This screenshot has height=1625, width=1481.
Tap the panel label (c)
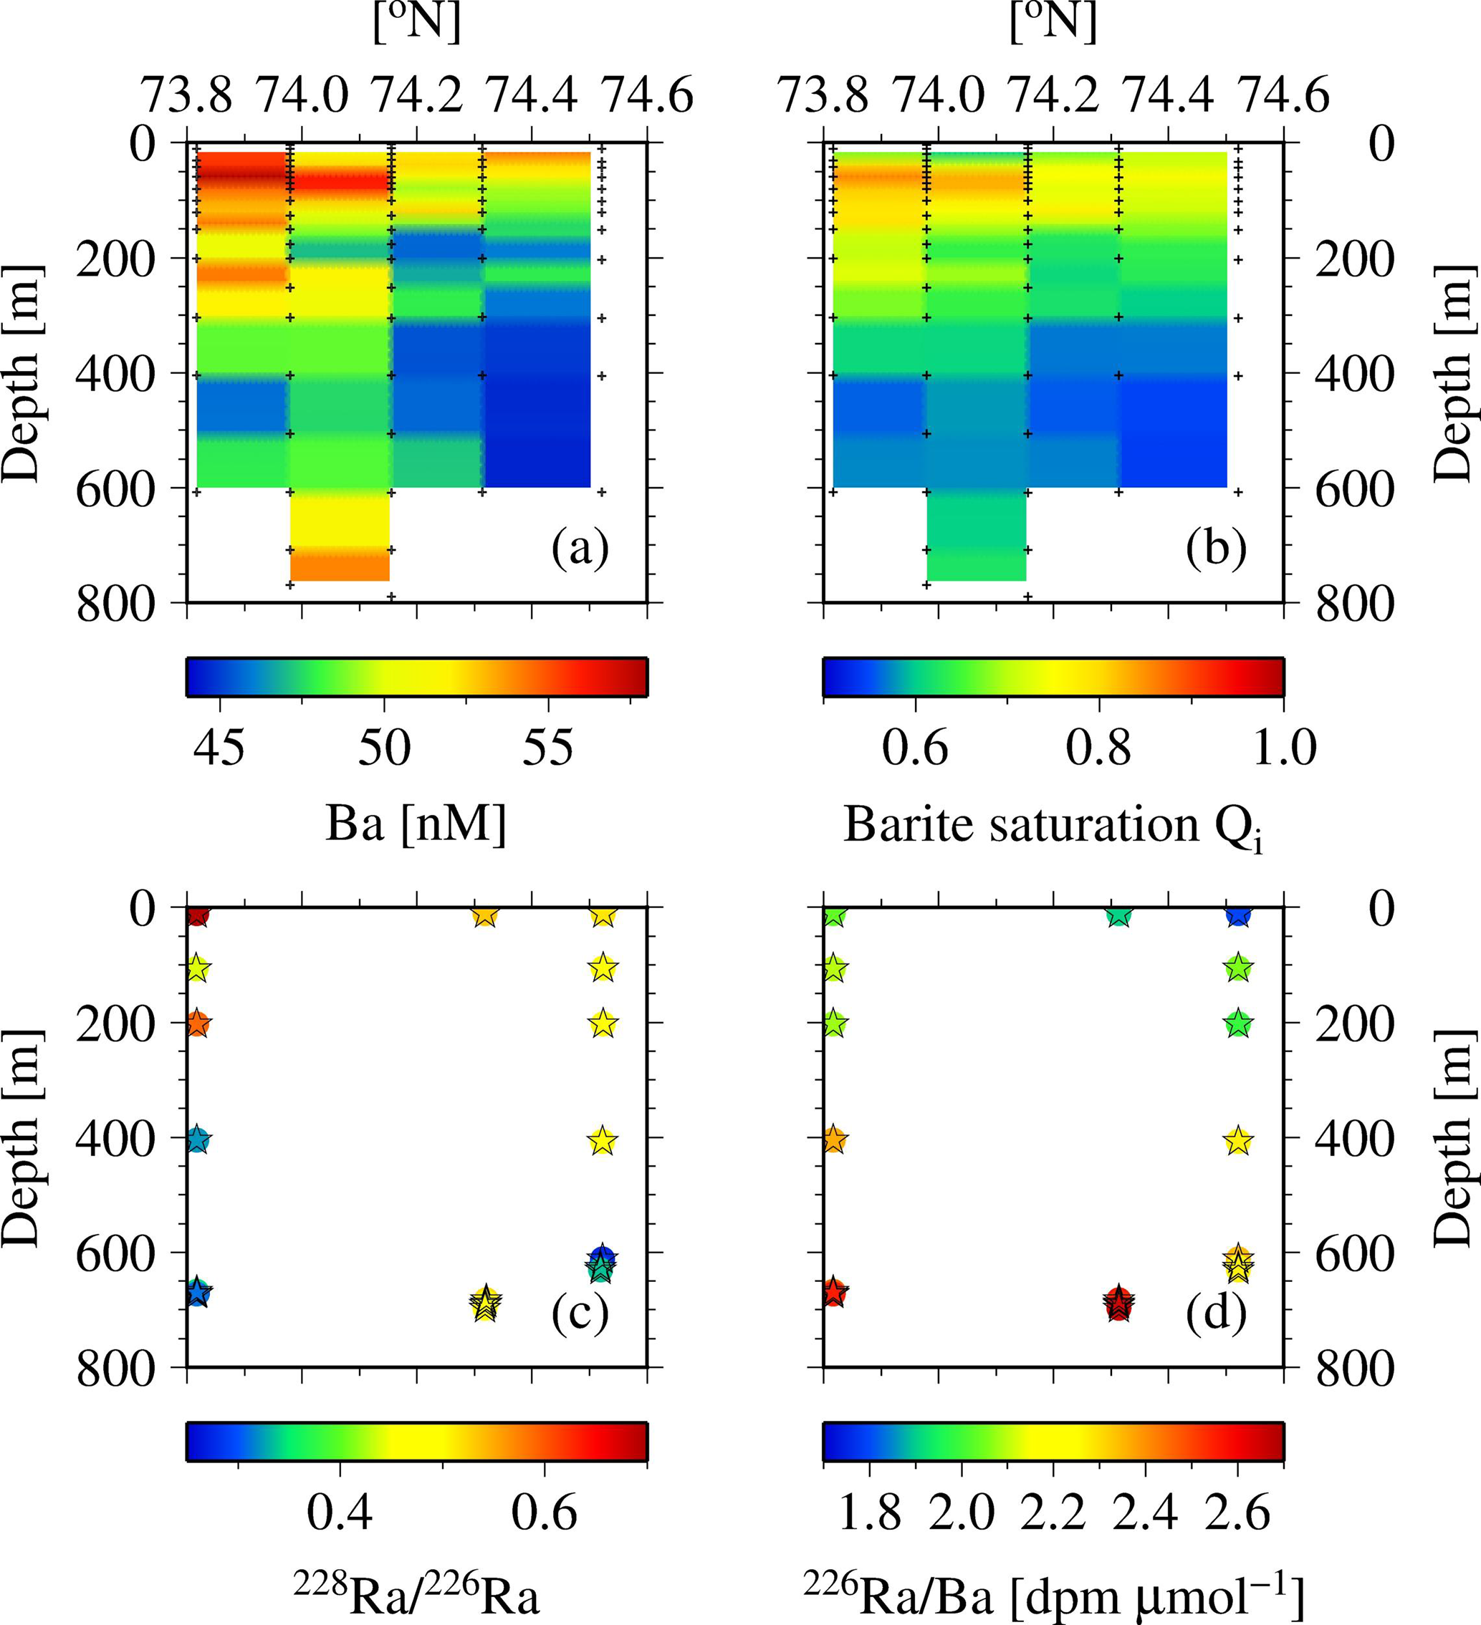pos(580,1314)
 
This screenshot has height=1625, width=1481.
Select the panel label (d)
pos(1216,1314)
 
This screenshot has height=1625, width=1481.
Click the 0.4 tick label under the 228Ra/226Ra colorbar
pos(340,1513)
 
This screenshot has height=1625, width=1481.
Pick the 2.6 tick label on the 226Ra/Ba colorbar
pos(1237,1513)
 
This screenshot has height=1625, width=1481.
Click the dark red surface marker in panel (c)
pos(198,916)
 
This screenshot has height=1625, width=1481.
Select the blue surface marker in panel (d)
pos(1238,916)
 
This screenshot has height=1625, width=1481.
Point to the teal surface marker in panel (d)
pos(1118,916)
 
